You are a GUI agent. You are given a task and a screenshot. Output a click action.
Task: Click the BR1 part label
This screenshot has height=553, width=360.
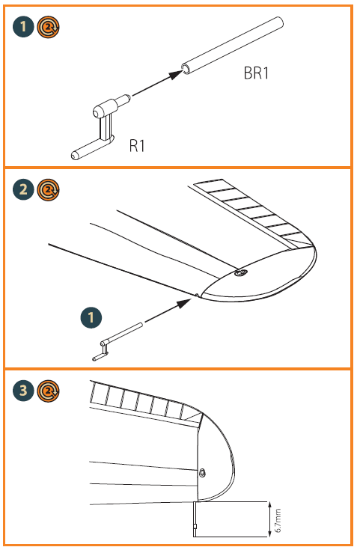(x=256, y=73)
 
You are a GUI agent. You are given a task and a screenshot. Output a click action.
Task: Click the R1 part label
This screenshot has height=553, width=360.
(x=137, y=146)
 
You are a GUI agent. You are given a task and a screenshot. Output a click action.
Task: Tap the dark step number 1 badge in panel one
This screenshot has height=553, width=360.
(x=23, y=26)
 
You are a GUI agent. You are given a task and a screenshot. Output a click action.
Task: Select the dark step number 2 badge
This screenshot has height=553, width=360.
(x=23, y=190)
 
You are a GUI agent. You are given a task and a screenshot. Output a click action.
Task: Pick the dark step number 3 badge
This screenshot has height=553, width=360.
(x=23, y=391)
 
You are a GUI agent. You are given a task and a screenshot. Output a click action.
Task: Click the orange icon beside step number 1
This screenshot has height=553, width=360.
(x=49, y=27)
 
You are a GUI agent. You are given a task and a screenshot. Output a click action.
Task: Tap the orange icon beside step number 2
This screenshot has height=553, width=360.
(x=49, y=190)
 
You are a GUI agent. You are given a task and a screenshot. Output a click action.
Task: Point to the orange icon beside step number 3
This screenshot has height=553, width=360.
(x=49, y=391)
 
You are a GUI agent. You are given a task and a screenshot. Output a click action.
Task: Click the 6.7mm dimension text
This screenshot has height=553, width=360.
(x=278, y=521)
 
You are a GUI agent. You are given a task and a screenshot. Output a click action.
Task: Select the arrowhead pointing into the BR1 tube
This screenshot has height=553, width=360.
(x=175, y=74)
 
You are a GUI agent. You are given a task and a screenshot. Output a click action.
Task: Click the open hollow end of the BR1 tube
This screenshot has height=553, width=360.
(x=186, y=69)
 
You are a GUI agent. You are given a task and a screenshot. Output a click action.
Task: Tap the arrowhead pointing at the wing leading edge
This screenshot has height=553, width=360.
(x=185, y=303)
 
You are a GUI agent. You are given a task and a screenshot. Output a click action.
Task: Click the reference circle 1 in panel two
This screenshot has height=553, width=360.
(x=91, y=317)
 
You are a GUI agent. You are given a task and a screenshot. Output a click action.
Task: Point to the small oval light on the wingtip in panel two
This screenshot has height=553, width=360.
(x=242, y=272)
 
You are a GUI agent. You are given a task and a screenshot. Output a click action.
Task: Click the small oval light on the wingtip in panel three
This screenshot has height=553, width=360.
(x=202, y=473)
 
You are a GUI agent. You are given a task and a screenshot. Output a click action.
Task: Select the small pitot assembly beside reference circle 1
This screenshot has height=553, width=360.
(x=117, y=341)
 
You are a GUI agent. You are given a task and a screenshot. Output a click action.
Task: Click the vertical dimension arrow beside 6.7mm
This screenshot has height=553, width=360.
(x=269, y=519)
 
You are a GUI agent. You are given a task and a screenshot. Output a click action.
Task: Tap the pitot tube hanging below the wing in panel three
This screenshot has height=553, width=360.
(x=195, y=519)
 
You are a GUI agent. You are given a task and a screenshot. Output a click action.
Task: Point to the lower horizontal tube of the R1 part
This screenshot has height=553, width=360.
(x=91, y=149)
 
